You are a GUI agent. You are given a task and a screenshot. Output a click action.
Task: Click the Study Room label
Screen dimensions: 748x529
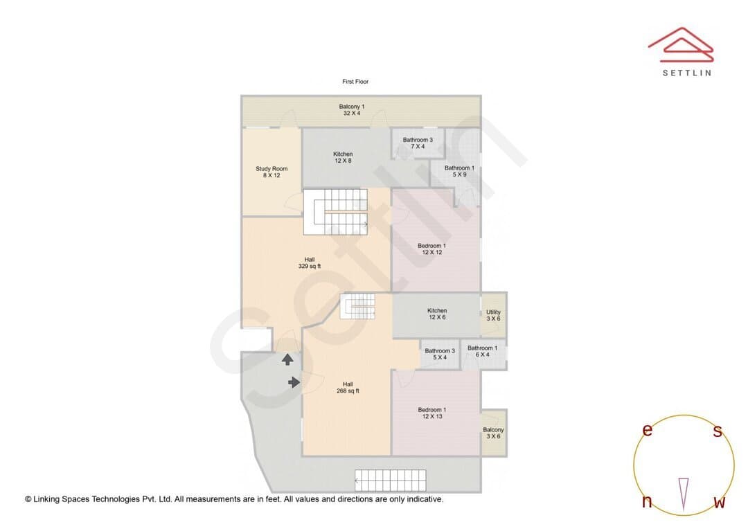coord(271,172)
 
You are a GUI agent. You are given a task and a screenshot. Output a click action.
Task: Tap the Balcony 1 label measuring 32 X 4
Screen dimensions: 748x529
coord(352,109)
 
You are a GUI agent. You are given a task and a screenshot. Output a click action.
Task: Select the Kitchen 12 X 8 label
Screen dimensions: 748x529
coord(343,157)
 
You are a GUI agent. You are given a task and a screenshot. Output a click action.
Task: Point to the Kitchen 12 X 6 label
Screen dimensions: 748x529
coord(437,314)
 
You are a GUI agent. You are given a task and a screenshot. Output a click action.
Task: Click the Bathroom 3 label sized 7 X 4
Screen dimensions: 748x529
coord(418,143)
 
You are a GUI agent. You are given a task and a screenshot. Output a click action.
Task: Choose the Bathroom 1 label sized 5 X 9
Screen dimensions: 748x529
coord(459,171)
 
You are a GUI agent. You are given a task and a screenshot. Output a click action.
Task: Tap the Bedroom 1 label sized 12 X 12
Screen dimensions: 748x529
coord(431,249)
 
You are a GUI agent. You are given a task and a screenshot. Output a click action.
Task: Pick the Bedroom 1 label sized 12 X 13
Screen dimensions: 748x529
coord(431,413)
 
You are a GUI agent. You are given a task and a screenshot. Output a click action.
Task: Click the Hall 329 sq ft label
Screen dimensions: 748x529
coord(310,263)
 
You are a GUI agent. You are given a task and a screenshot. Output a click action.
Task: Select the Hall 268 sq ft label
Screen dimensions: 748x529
coord(348,387)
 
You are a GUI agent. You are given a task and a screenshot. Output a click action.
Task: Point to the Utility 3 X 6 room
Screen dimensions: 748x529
coord(493,315)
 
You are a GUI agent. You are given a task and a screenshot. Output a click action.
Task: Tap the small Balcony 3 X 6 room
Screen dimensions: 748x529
coord(493,433)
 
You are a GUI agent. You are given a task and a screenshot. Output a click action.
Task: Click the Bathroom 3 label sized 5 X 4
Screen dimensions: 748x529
coord(440,354)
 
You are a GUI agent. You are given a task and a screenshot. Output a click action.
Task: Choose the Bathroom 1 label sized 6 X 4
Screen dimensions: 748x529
coord(482,351)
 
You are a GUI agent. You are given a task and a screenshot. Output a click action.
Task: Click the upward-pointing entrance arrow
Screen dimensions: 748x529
coord(287,359)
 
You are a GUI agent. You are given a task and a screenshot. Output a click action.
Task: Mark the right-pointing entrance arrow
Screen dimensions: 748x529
coord(294,382)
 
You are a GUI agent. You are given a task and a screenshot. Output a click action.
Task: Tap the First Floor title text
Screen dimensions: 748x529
coord(355,82)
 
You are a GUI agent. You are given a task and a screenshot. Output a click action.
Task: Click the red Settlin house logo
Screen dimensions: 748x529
coord(681,45)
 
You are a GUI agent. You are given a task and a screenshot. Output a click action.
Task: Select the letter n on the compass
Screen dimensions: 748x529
coord(647,501)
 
